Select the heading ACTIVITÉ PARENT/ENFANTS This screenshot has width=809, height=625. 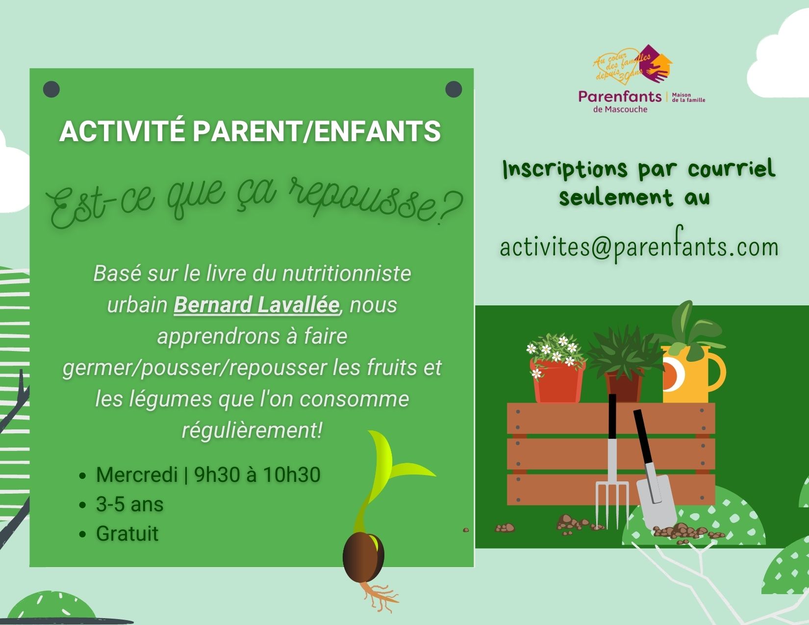pyautogui.click(x=250, y=131)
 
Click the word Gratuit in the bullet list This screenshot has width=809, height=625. pyautogui.click(x=127, y=533)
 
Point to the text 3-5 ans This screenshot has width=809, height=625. pyautogui.click(x=129, y=504)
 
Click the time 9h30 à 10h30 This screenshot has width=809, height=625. pyautogui.click(x=257, y=475)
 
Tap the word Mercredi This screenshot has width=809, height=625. pyautogui.click(x=137, y=475)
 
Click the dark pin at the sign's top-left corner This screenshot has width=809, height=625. pyautogui.click(x=51, y=89)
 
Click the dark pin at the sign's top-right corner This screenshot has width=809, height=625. pyautogui.click(x=454, y=89)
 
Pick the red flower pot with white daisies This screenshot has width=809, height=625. pyautogui.click(x=557, y=381)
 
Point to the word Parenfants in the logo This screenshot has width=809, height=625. pyautogui.click(x=620, y=97)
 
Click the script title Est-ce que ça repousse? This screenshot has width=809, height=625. pyautogui.click(x=254, y=201)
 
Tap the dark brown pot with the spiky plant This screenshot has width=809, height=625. pyautogui.click(x=624, y=387)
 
